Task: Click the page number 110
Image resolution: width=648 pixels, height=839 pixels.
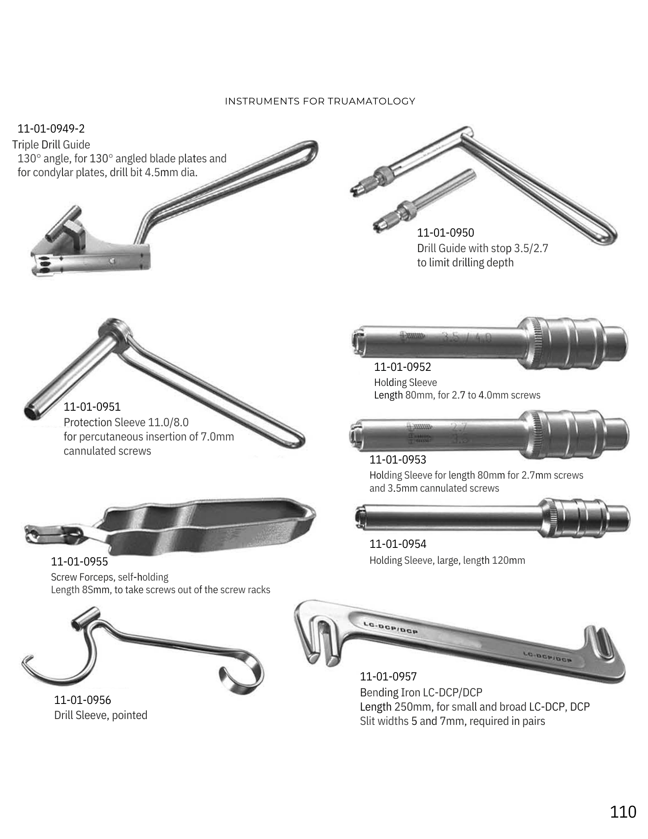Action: point(623,812)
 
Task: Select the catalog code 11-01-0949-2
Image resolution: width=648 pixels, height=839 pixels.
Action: point(51,128)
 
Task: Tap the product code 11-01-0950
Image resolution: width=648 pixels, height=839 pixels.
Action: point(445,232)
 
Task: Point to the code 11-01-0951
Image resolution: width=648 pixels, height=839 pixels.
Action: point(92,406)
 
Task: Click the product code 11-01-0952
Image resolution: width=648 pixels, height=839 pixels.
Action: point(402,367)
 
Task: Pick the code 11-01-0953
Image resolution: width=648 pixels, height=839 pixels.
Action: point(398,459)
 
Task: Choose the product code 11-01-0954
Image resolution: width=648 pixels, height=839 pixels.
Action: point(398,544)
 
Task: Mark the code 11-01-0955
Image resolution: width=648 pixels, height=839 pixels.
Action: point(79,561)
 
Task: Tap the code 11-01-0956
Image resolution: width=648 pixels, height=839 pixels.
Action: point(83,700)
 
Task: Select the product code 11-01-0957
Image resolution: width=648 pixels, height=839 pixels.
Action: point(388,676)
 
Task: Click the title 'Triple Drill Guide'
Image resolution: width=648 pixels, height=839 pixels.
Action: point(51,145)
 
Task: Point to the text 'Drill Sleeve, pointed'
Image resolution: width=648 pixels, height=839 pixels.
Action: point(101,715)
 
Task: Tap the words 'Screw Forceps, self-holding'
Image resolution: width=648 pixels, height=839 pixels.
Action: point(110,577)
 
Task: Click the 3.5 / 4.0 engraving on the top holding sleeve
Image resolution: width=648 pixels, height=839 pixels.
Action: point(466,337)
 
